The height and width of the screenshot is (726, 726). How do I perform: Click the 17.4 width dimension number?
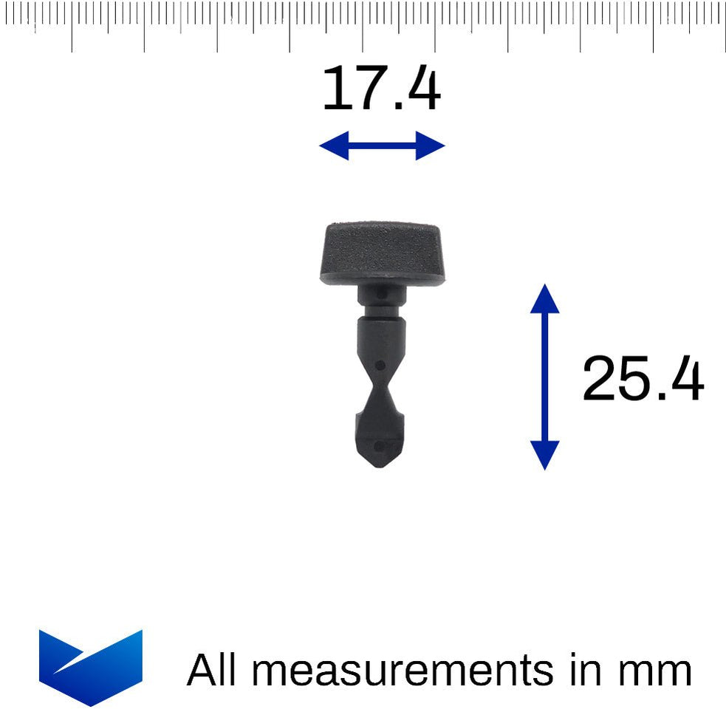tap(381, 89)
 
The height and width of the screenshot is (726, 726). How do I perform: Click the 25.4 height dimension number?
tap(643, 379)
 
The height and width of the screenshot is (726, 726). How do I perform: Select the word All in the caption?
tap(211, 671)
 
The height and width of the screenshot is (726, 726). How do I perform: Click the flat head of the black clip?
tap(382, 251)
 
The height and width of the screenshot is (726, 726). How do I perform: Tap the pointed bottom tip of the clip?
tap(380, 465)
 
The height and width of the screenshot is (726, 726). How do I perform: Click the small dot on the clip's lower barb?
tap(380, 445)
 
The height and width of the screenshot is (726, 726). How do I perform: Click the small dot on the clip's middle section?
tap(380, 364)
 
